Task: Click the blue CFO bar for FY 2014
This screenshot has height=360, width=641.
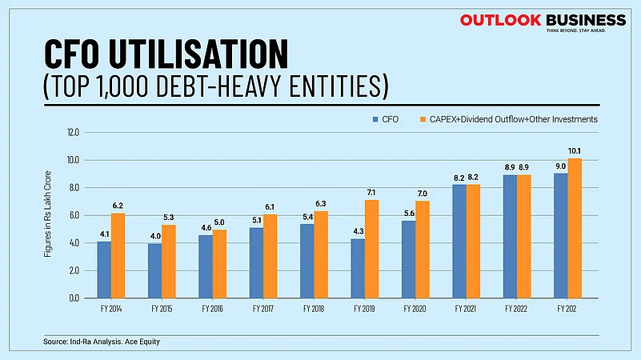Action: point(104,269)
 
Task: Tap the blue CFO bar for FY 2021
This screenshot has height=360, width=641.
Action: point(459,241)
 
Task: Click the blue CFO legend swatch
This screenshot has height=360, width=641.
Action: point(375,119)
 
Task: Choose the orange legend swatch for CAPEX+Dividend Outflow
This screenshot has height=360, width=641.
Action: point(422,119)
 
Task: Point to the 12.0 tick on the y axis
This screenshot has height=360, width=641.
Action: point(74,132)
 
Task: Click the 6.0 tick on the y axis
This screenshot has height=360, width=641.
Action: point(74,215)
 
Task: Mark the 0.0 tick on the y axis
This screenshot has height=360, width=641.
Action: point(74,298)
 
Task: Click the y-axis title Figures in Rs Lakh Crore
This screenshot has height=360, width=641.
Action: point(49,215)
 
